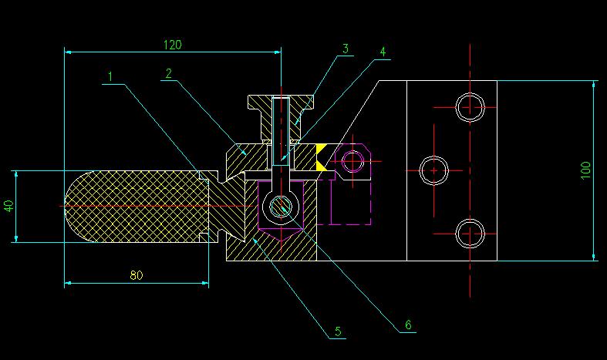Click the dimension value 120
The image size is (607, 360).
click(x=172, y=45)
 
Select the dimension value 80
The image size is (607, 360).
click(x=137, y=275)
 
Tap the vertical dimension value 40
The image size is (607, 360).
click(x=8, y=206)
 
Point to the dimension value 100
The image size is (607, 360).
click(x=585, y=170)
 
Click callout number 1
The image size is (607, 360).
click(x=110, y=76)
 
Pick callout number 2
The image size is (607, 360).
click(x=168, y=73)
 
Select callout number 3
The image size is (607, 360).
click(x=346, y=49)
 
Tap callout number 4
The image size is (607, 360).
click(x=383, y=52)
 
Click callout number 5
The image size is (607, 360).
click(x=338, y=331)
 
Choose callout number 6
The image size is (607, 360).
click(x=408, y=325)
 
